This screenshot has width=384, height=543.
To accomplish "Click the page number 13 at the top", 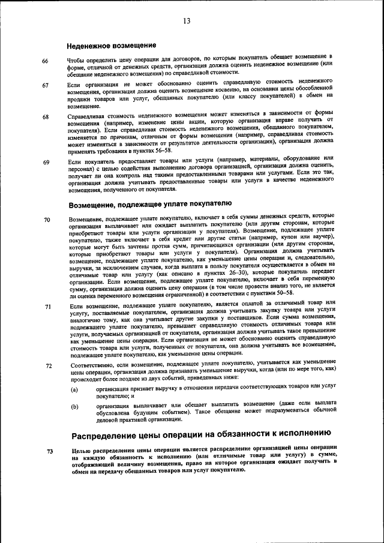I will click(187, 22).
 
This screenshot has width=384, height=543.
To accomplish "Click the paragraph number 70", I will click(47, 220).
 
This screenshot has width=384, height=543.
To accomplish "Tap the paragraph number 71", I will click(47, 307).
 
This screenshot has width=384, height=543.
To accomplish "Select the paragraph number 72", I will click(49, 365).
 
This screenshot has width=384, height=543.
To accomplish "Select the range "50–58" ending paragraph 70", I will click(297, 295).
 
